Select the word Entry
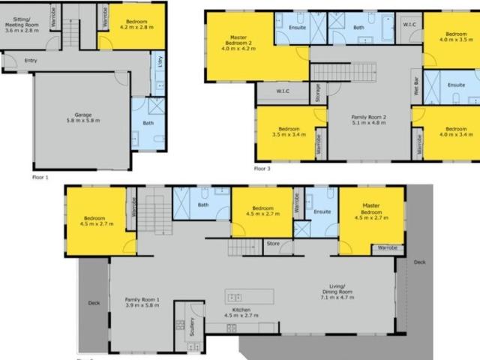31,60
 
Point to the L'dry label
158,64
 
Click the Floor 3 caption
262,169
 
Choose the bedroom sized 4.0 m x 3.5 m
454,37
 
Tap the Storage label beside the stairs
318,92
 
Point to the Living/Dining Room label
331,289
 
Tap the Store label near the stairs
273,242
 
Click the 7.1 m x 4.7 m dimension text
331,298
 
